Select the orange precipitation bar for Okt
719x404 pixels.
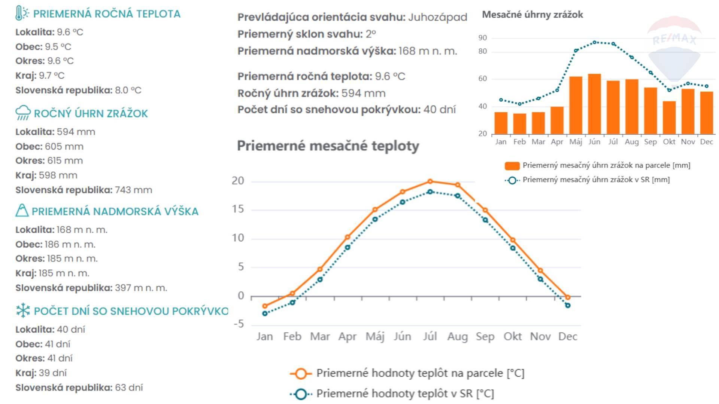(x=669, y=117)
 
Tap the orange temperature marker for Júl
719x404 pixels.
(x=430, y=181)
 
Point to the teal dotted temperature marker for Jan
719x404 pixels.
(x=265, y=313)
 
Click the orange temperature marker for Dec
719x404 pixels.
(x=568, y=297)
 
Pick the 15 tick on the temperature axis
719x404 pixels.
(x=238, y=209)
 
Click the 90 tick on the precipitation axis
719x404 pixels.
(x=482, y=38)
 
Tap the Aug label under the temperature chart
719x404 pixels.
(x=457, y=337)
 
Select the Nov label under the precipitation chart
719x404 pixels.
(x=688, y=142)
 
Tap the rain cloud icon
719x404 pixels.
(x=23, y=113)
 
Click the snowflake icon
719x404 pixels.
(x=23, y=310)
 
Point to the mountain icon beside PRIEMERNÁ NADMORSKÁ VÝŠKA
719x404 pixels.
(x=22, y=210)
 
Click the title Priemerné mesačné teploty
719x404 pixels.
(x=328, y=146)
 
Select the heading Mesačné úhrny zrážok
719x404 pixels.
(x=532, y=15)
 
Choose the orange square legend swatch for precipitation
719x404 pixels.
(x=512, y=165)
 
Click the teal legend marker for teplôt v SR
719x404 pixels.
(x=301, y=394)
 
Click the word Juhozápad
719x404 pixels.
(x=437, y=17)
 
